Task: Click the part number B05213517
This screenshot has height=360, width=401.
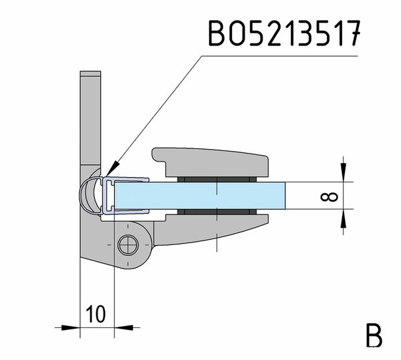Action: tap(285, 33)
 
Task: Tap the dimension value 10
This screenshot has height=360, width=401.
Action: tap(96, 313)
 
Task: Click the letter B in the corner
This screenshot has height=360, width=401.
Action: tap(374, 335)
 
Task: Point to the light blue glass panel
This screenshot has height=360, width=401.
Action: tap(199, 196)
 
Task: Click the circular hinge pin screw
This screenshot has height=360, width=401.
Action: tap(128, 245)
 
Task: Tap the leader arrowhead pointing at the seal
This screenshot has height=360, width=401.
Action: tap(112, 168)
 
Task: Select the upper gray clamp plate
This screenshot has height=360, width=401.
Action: tap(211, 162)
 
